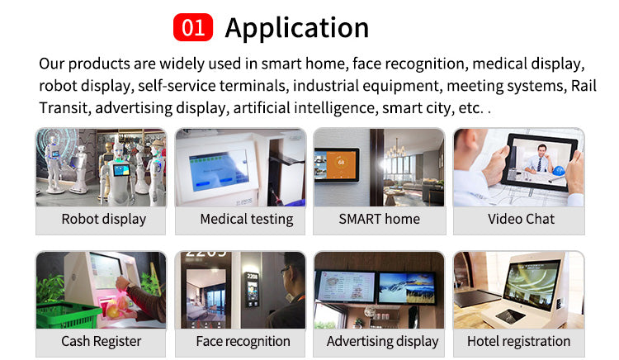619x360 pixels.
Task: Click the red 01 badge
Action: coord(193,27)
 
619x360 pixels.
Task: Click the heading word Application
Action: coord(297,28)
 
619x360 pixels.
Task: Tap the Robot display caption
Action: coord(104,219)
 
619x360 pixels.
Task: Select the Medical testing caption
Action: coord(247,219)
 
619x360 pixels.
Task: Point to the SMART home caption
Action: coord(380,219)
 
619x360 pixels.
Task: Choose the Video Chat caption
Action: coord(521,219)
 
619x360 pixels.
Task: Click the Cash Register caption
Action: coord(101,342)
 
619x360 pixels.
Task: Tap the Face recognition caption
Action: coord(243,342)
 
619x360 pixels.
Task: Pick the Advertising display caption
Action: coord(382,342)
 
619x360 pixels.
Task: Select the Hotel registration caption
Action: coord(519,342)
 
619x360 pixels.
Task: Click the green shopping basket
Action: coord(67,315)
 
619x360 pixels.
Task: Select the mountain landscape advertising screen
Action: coord(407,288)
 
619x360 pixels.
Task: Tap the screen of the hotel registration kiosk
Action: coord(532,283)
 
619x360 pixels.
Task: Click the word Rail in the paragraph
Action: coord(584,86)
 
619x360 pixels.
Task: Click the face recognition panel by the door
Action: coord(253,289)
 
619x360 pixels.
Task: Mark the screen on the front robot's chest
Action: coord(121,171)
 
